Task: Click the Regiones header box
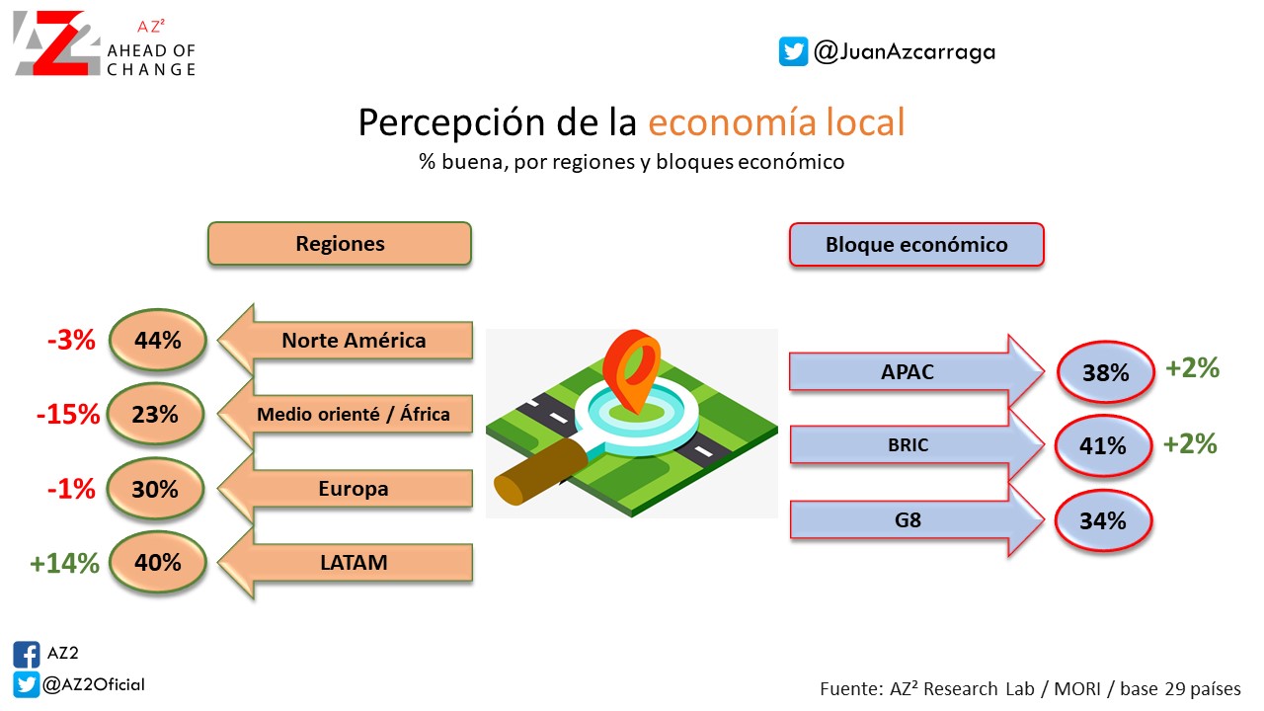pos(340,244)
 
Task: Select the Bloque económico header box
pos(916,244)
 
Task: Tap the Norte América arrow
pos(346,340)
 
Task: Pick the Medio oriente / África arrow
pos(346,414)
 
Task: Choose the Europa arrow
pos(346,488)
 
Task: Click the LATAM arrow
pos(346,562)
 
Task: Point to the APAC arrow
pos(916,371)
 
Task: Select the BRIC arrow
pos(916,444)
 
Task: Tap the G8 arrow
pos(916,519)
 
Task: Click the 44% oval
pos(157,340)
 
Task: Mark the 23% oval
pos(155,414)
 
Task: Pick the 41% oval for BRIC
pos(1103,445)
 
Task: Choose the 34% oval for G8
pos(1103,520)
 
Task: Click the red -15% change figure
pos(68,414)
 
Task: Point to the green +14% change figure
pos(64,563)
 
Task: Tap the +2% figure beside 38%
pos(1192,368)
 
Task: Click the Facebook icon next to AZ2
pos(27,655)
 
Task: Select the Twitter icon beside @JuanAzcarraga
pos(793,51)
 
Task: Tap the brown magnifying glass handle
pos(540,472)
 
